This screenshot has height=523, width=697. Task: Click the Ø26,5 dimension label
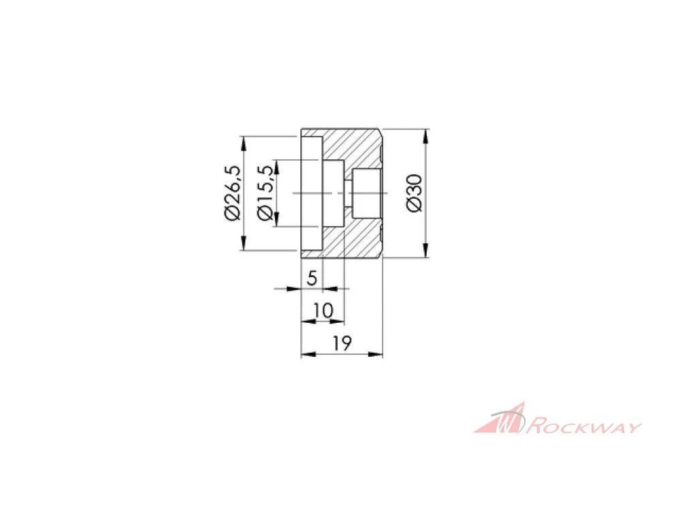233,193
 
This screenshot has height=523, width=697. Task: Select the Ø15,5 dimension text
266,193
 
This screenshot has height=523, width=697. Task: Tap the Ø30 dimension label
415,193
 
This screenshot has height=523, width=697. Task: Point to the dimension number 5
312,279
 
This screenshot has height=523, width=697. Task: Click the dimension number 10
323,311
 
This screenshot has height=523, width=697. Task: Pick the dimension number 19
342,343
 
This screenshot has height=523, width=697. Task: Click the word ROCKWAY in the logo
585,428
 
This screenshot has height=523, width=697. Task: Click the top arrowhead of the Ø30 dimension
426,136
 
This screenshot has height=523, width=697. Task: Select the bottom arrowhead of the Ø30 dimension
426,251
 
